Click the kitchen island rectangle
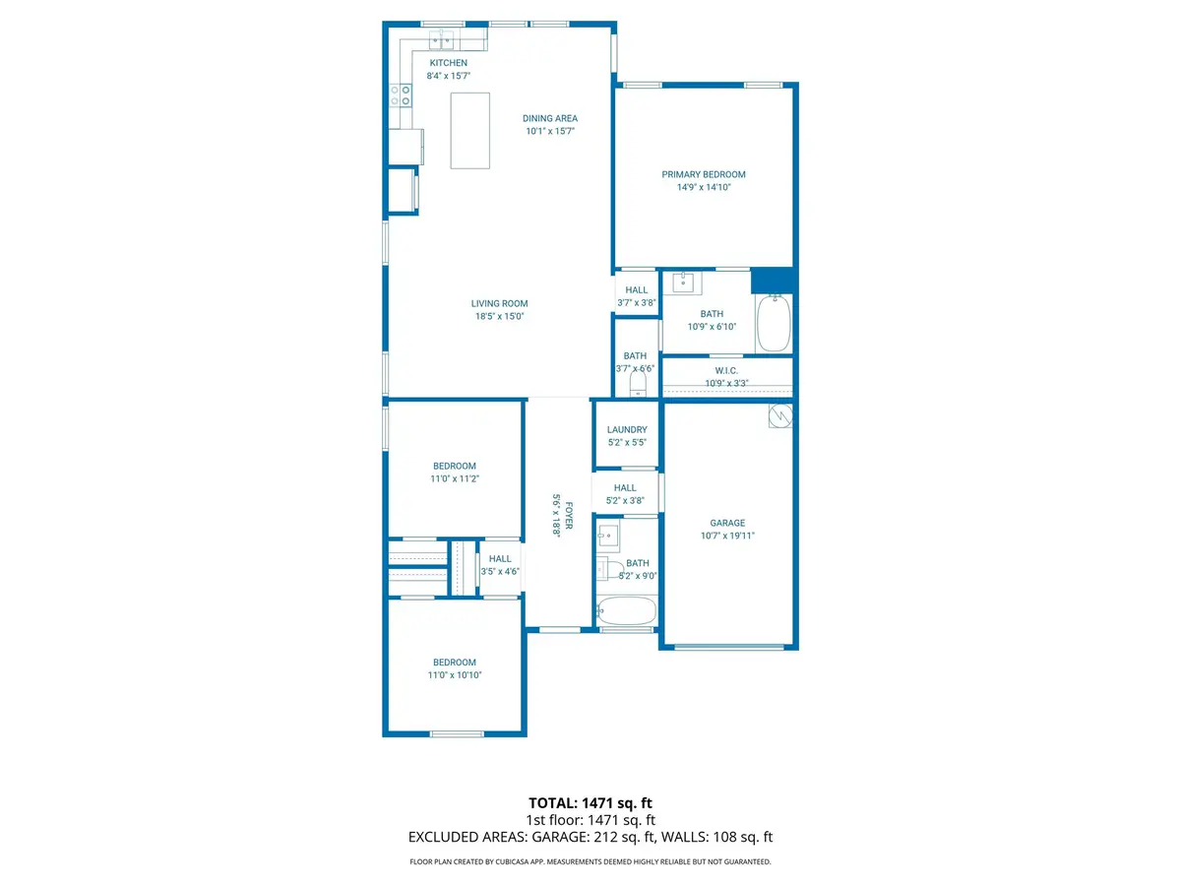470,130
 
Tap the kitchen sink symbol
441,39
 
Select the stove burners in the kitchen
401,95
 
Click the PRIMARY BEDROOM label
703,174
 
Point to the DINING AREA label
549,118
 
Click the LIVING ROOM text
500,303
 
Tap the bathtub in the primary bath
774,322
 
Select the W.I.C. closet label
726,370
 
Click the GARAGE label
727,523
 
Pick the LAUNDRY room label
627,429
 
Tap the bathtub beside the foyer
626,611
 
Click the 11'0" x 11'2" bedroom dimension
454,478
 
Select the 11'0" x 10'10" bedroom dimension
454,675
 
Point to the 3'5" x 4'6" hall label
500,571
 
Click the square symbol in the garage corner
780,416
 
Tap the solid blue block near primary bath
772,281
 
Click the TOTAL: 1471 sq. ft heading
590,803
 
